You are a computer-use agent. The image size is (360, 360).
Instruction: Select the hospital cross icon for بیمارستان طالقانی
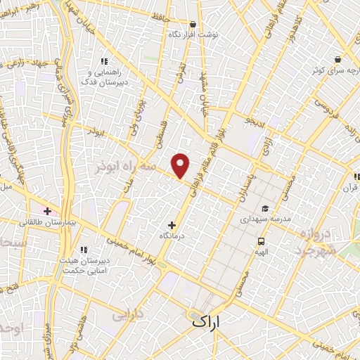tap(48, 210)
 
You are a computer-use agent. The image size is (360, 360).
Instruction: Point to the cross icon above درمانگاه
tap(172, 224)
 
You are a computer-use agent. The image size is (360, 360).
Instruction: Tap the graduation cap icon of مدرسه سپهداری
tap(265, 209)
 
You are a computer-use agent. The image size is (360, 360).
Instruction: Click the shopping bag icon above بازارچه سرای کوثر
tap(337, 59)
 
